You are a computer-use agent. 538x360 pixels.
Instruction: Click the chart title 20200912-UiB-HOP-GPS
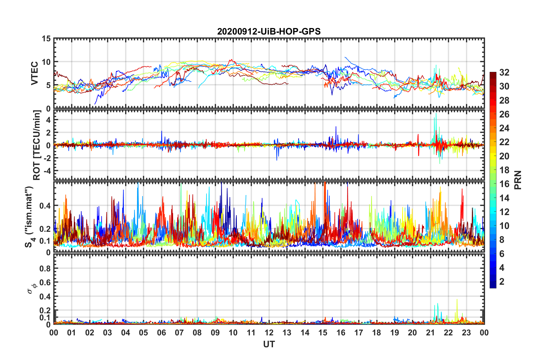269,31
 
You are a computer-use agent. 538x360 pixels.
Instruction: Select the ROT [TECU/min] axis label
37,145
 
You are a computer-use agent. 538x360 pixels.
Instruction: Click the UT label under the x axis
269,344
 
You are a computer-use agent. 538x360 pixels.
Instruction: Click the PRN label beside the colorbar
518,180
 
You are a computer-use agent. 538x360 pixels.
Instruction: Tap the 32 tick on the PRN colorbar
504,72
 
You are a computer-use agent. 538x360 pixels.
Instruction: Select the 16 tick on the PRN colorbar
504,184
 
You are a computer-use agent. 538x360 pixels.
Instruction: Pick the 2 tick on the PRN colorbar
502,282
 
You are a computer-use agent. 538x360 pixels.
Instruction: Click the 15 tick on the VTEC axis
46,38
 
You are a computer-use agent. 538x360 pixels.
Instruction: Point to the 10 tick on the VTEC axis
46,62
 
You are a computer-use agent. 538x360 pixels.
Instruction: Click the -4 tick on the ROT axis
47,171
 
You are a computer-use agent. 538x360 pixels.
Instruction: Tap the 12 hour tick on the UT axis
269,333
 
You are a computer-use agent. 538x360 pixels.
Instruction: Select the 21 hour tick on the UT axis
430,333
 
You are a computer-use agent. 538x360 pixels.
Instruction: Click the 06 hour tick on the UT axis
161,333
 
